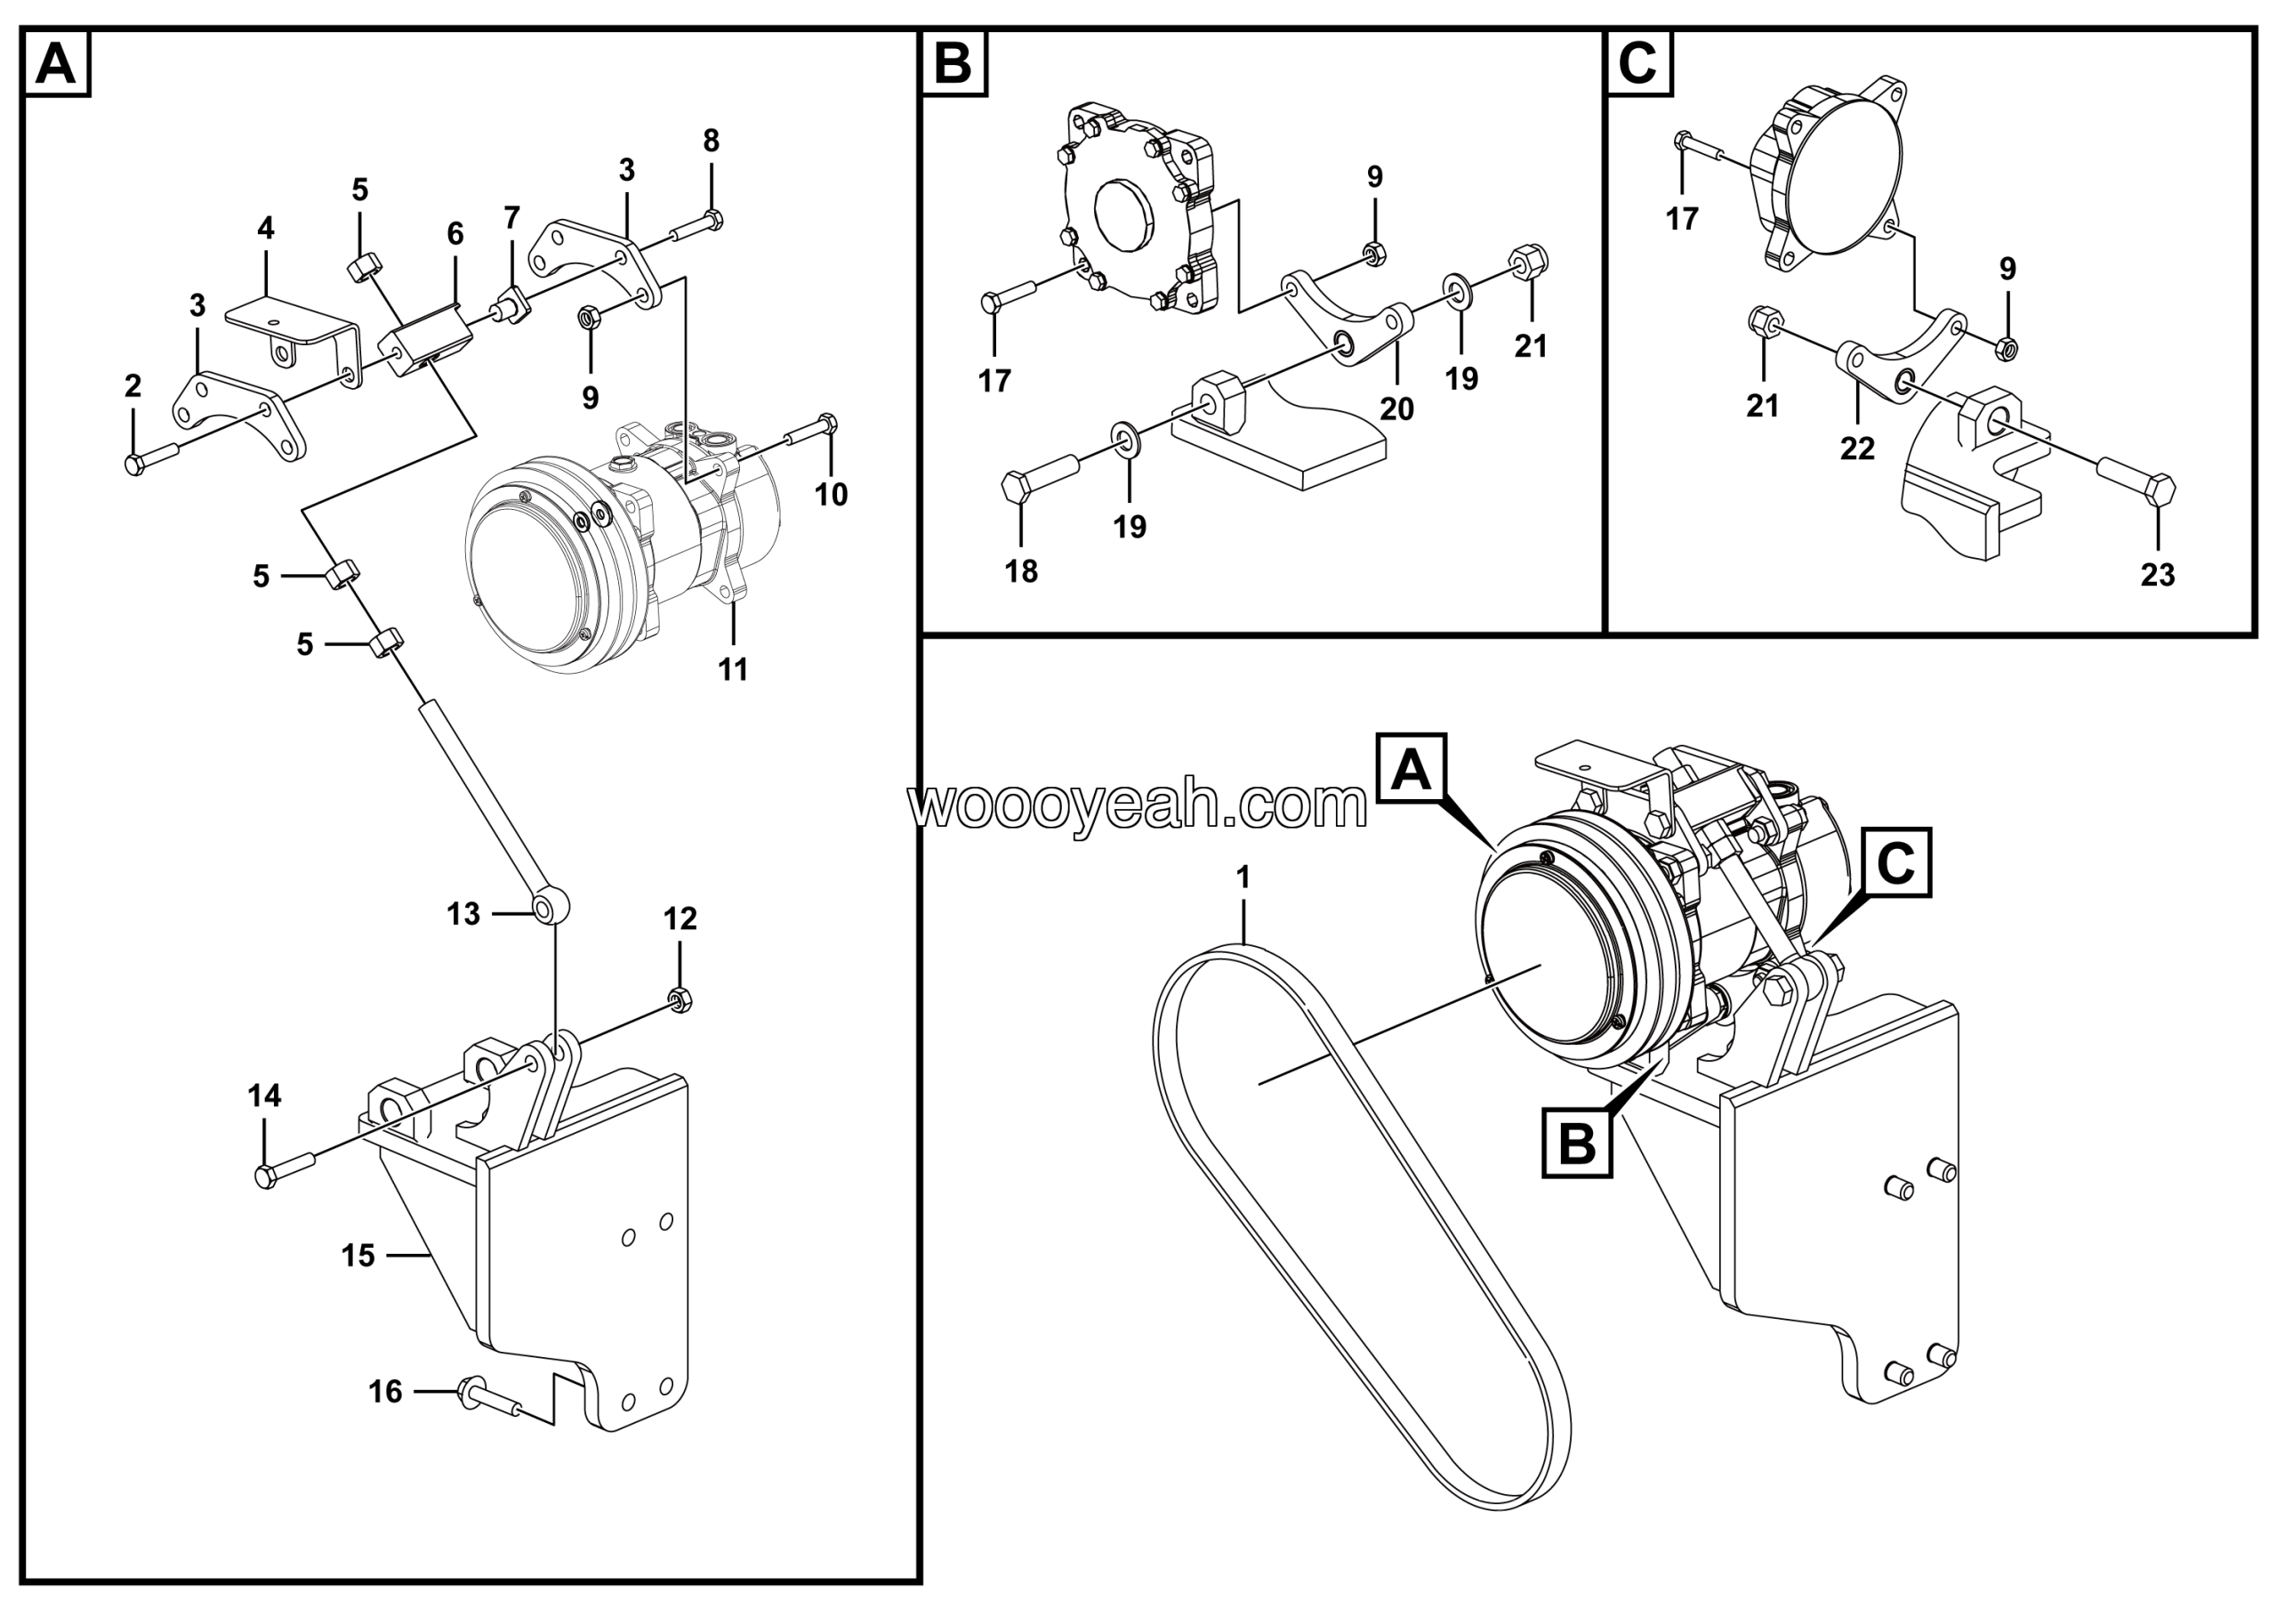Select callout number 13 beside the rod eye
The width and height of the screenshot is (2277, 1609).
tap(463, 914)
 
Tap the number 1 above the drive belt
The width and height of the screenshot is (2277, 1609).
tap(1243, 877)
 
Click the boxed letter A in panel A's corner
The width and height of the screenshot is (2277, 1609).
tap(55, 64)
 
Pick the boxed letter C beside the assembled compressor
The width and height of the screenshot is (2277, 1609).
tap(1895, 863)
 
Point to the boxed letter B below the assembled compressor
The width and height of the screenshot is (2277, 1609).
tap(1577, 1144)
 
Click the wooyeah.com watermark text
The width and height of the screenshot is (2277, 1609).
tap(1138, 805)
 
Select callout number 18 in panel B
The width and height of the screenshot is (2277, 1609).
tap(1020, 571)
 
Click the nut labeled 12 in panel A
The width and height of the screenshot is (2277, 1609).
tap(680, 1000)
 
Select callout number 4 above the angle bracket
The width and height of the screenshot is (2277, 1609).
tap(265, 229)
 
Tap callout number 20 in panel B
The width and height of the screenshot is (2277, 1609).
tap(1396, 408)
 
